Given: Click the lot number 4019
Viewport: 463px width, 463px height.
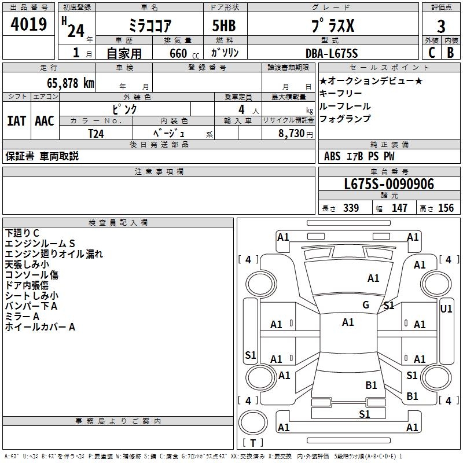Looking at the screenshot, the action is [29, 25].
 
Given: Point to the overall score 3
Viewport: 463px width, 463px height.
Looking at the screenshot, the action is [441, 27].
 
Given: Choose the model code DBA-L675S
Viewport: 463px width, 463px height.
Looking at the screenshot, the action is [332, 53].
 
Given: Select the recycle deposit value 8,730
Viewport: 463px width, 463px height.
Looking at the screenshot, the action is [292, 133].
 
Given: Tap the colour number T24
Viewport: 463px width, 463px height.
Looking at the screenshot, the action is [96, 133].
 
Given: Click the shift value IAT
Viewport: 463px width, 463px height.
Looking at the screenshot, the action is [16, 121].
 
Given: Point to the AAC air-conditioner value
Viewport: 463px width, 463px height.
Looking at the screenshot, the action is [44, 121].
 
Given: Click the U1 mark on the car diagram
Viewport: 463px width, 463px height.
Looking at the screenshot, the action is [446, 309].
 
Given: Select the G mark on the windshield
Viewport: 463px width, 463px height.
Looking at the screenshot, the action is [366, 305].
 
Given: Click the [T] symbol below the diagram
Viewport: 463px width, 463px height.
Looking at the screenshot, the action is [252, 443].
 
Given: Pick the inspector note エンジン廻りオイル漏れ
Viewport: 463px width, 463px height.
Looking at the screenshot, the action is [53, 253].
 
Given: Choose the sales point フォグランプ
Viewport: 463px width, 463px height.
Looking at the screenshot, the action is [345, 119].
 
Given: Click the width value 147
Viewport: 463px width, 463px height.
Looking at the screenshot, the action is [399, 208].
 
